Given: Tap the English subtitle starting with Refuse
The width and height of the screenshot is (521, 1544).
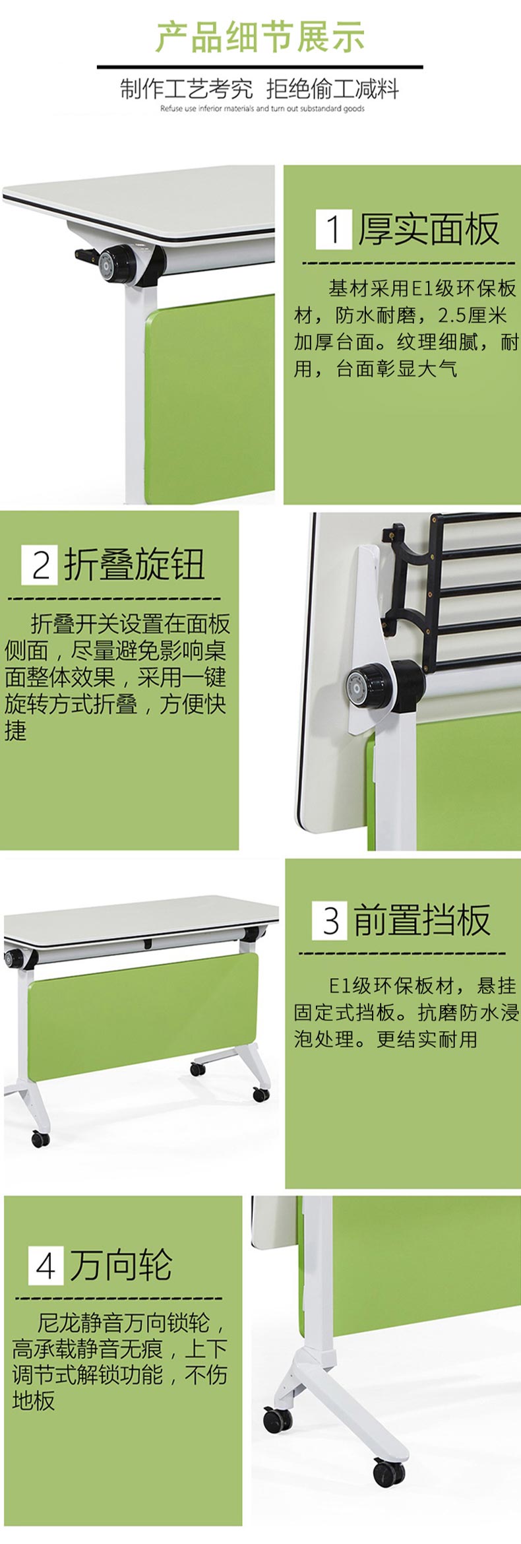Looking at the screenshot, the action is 262,109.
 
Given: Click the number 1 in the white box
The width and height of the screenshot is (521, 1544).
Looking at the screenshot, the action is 334,229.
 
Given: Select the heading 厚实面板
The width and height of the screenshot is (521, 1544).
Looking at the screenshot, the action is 429,229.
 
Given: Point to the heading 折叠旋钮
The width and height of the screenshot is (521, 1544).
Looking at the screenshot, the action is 135,565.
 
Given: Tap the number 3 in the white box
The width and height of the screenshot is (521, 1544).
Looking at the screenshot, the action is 330,920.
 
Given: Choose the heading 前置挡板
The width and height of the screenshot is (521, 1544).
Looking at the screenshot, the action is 422,920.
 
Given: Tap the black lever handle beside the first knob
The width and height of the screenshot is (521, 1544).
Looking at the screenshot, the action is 86,255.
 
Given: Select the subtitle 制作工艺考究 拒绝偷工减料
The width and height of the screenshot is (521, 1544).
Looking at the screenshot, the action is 260,89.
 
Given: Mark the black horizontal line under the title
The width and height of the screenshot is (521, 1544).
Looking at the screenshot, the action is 260,67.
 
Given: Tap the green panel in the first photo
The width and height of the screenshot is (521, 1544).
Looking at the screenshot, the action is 210,396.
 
